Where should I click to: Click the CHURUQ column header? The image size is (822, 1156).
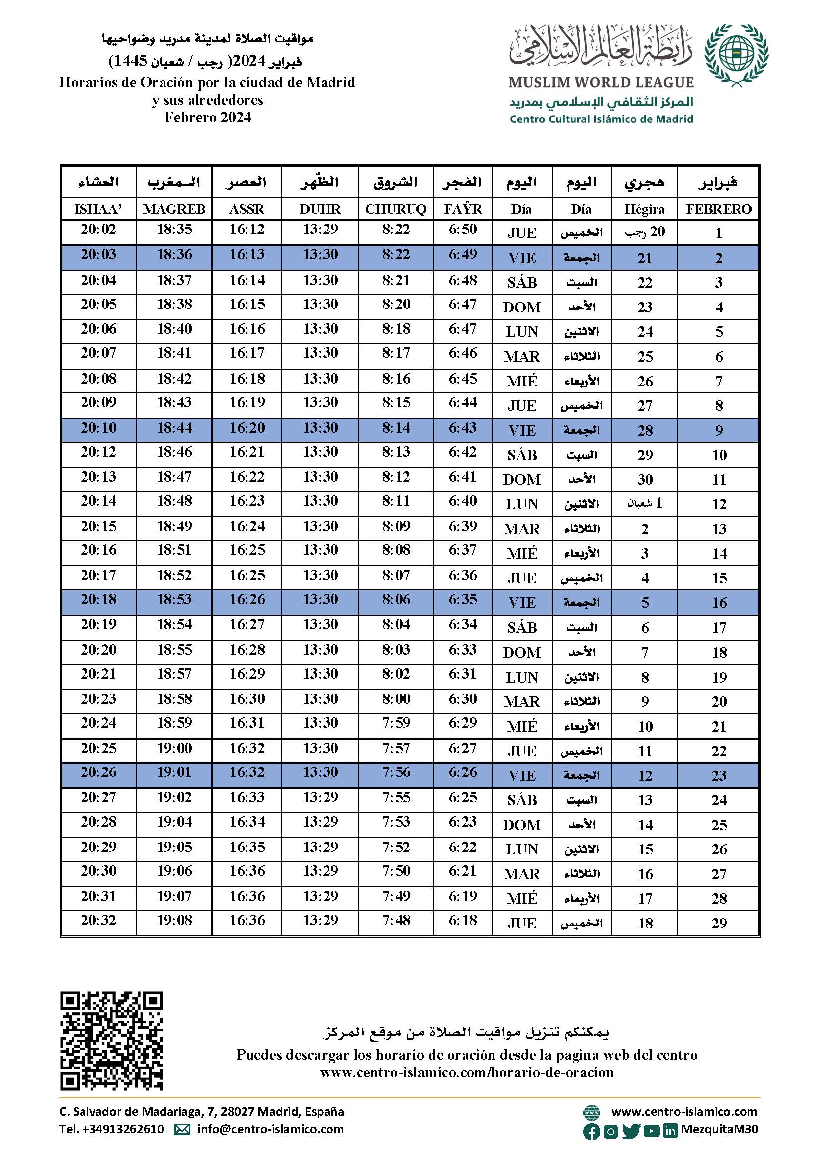(395, 209)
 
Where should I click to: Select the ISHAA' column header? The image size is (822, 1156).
(98, 209)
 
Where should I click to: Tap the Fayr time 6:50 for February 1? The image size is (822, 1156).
(462, 229)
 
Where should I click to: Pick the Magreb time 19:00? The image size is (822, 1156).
(174, 748)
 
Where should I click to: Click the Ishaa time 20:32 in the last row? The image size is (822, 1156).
(98, 920)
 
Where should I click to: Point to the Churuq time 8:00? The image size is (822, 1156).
(395, 699)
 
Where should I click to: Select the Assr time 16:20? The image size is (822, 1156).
(247, 428)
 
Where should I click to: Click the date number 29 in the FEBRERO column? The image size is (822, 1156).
(718, 924)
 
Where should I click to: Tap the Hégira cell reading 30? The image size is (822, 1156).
(645, 479)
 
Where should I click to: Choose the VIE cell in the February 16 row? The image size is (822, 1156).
(522, 603)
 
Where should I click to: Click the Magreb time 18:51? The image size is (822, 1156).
(174, 550)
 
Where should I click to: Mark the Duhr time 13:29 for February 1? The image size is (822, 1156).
(321, 229)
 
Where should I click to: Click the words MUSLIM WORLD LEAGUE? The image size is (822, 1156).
(601, 82)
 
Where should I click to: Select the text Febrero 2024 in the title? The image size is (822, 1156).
(208, 117)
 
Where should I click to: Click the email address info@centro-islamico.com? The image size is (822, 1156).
(270, 1129)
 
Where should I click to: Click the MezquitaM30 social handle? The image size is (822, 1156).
(719, 1129)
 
